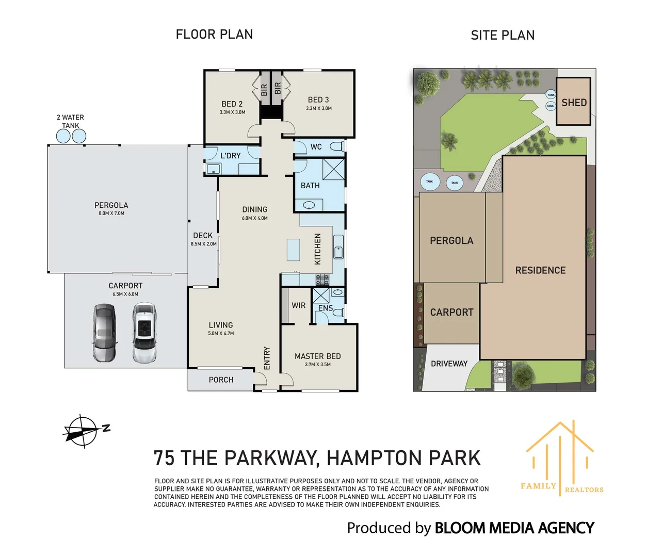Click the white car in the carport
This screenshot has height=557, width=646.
pyautogui.click(x=144, y=333)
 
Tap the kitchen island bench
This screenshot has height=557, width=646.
pyautogui.click(x=293, y=250)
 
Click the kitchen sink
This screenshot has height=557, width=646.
pyautogui.click(x=338, y=247)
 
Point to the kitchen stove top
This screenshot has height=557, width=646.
pyautogui.click(x=322, y=280)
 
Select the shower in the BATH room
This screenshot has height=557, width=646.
pyautogui.click(x=333, y=169)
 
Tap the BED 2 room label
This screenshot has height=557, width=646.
pyautogui.click(x=232, y=104)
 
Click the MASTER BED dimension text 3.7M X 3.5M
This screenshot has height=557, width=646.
pyautogui.click(x=317, y=364)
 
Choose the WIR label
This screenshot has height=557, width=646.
pyautogui.click(x=298, y=305)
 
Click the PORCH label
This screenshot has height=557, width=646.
pyautogui.click(x=221, y=380)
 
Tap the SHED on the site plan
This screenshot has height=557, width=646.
pyautogui.click(x=573, y=101)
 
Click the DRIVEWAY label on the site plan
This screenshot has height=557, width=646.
pyautogui.click(x=449, y=364)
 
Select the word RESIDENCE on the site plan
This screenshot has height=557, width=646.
pyautogui.click(x=540, y=270)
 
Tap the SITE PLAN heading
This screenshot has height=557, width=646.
pyautogui.click(x=503, y=35)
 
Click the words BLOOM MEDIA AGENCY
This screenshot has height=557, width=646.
pyautogui.click(x=514, y=528)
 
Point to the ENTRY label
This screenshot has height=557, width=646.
pyautogui.click(x=267, y=358)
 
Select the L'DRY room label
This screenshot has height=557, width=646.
pyautogui.click(x=230, y=156)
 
